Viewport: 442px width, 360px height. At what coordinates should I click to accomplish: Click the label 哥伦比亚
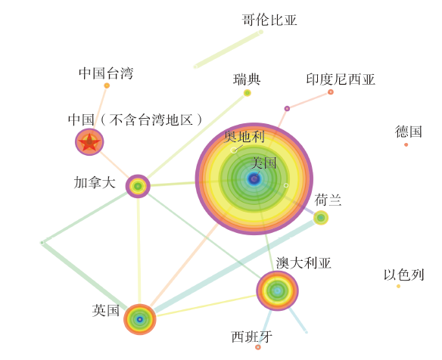[x=269, y=20]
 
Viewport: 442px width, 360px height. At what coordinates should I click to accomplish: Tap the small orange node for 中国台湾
[x=107, y=85]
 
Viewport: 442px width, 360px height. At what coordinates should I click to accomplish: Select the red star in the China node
[x=89, y=142]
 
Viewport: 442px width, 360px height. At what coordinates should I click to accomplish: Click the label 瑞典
[x=247, y=79]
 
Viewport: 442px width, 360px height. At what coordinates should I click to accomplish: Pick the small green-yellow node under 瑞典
[x=247, y=93]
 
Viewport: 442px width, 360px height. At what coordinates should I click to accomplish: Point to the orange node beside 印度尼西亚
[x=331, y=92]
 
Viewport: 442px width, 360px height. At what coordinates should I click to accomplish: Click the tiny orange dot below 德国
[x=406, y=144]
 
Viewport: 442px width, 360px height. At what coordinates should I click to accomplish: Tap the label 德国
[x=409, y=132]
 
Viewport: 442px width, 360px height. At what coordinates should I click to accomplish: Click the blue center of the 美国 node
[x=254, y=179]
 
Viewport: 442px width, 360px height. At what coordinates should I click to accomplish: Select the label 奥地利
[x=244, y=137]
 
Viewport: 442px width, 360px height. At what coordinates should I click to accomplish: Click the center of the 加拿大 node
[x=138, y=186]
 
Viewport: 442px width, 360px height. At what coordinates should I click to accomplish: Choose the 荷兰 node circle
[x=321, y=218]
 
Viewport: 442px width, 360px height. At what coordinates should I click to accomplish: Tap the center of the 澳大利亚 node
[x=277, y=290]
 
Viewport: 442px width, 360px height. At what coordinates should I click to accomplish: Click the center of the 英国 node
[x=140, y=319]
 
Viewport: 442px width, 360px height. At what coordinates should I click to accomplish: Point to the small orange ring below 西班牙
[x=257, y=347]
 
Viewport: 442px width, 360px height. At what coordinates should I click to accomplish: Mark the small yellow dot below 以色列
[x=398, y=286]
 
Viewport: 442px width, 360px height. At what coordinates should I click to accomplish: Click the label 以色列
[x=403, y=275]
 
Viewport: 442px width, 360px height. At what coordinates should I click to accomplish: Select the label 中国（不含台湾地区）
[x=135, y=119]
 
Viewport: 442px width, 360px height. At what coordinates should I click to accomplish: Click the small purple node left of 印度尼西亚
[x=287, y=108]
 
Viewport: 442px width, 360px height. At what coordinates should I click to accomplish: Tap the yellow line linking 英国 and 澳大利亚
[x=207, y=306]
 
